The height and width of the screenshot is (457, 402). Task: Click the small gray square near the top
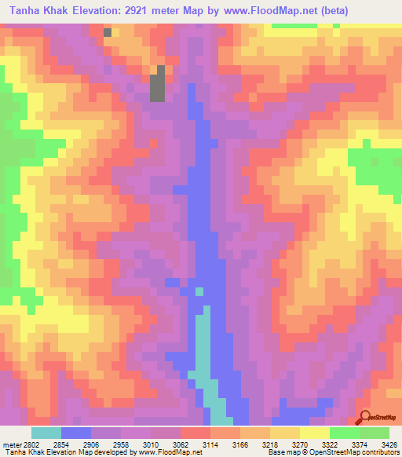click(108, 33)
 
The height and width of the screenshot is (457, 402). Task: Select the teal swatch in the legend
click(46, 433)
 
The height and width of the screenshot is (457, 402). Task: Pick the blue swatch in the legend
click(76, 433)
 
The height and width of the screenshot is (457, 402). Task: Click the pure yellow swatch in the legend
click(315, 433)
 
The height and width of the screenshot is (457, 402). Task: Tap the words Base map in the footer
click(280, 452)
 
